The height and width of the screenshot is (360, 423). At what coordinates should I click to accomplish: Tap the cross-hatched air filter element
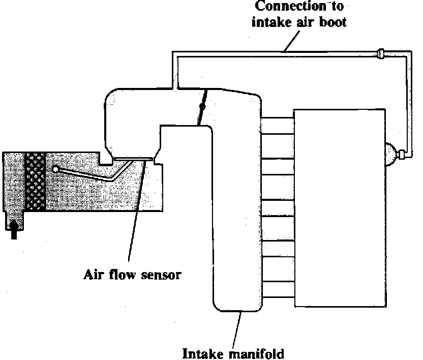35,181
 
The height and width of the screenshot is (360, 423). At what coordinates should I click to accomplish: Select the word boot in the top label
334,22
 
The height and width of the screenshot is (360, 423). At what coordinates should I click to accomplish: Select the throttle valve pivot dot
202,107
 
